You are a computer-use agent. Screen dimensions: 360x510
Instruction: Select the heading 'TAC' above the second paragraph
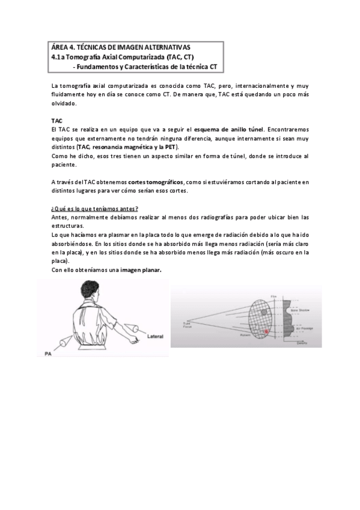[56, 120]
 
